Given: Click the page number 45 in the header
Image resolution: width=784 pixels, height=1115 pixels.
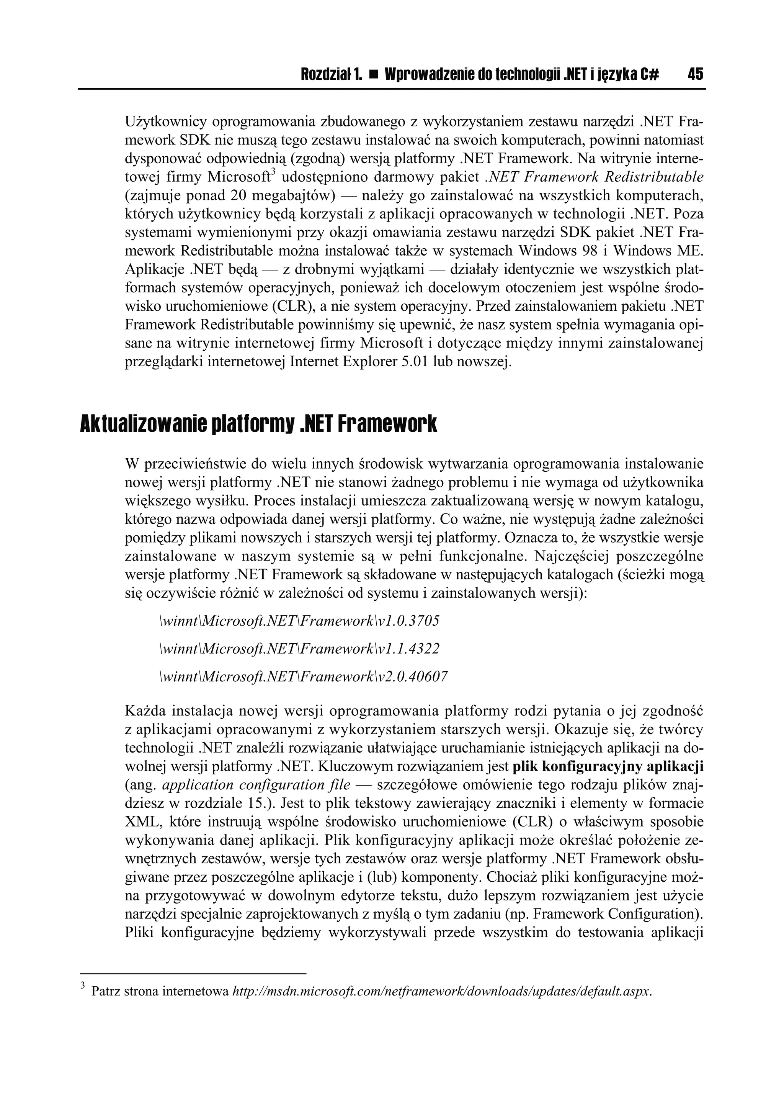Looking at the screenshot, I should click(x=695, y=74).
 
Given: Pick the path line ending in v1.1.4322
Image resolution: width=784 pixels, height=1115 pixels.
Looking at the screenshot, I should click(x=299, y=649).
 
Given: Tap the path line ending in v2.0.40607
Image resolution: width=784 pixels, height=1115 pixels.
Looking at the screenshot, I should click(x=303, y=677).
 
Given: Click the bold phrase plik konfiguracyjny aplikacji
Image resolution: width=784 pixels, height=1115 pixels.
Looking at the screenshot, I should click(x=608, y=767).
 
